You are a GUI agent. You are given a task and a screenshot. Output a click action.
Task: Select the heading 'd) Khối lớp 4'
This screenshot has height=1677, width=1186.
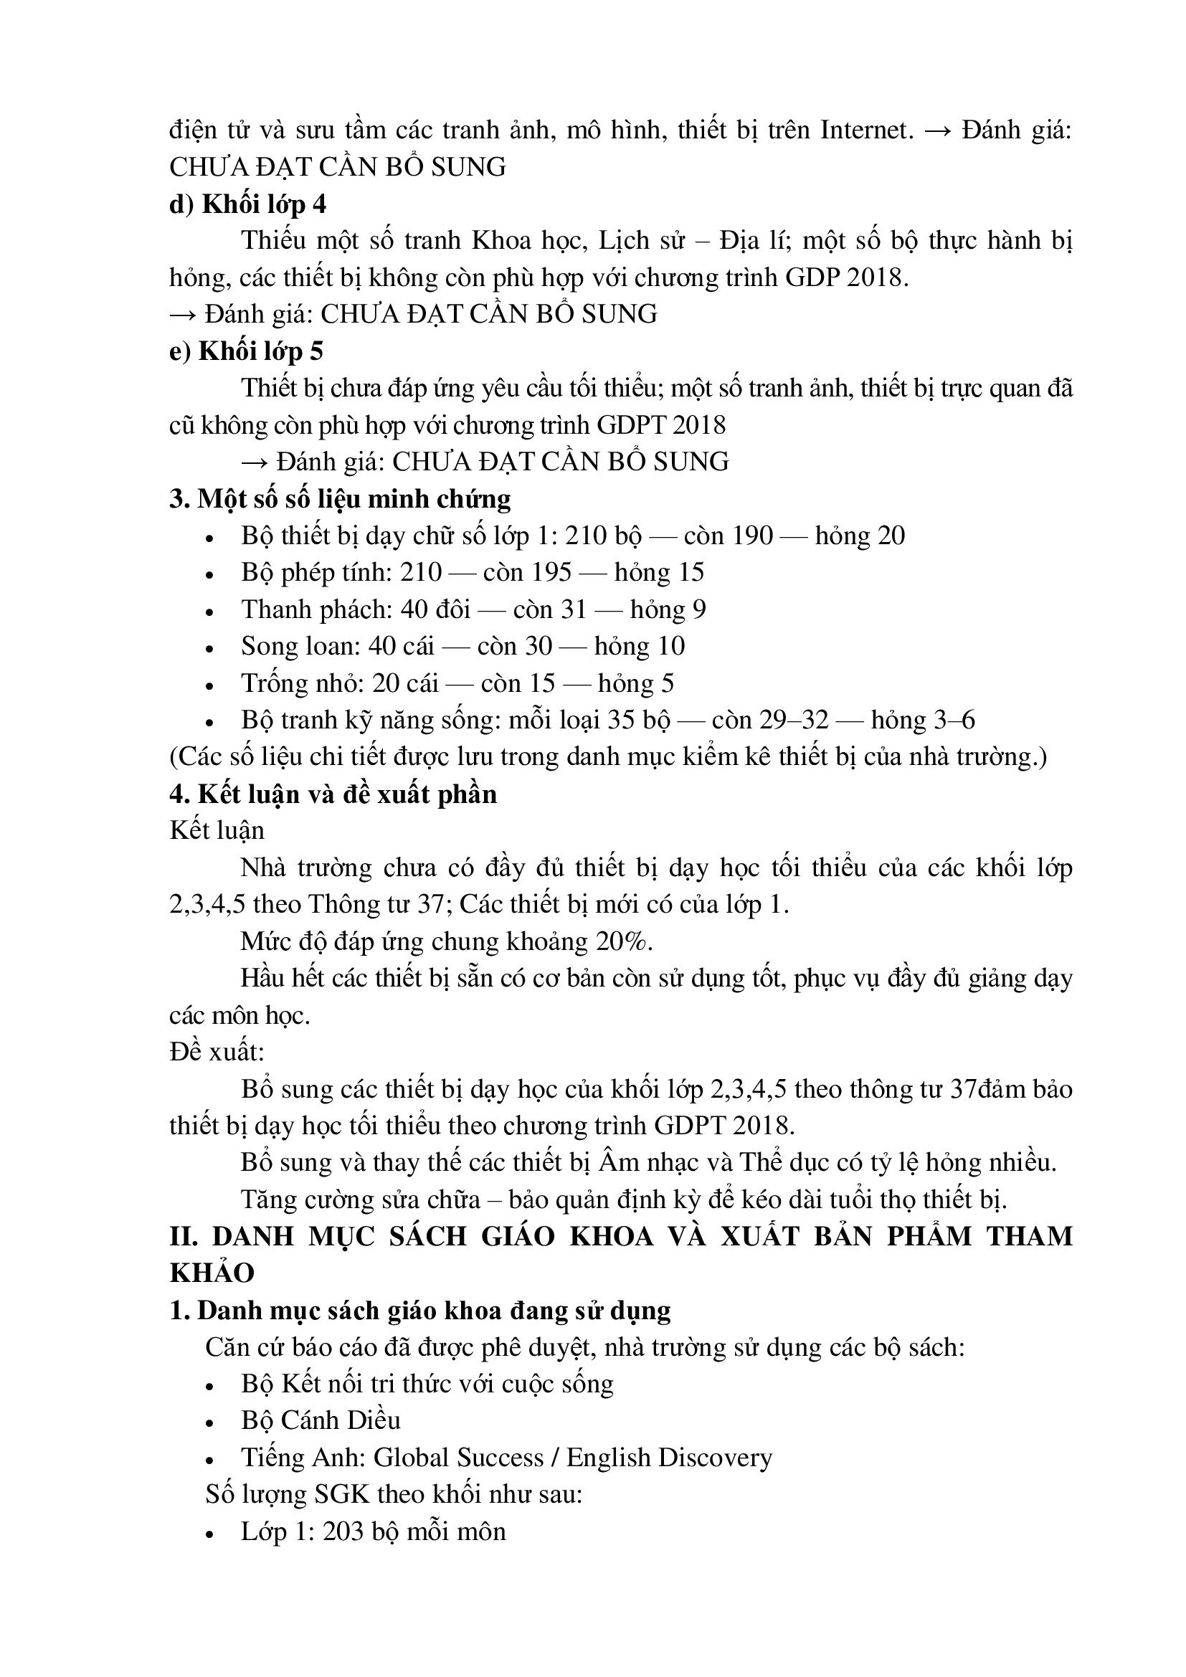point(247,204)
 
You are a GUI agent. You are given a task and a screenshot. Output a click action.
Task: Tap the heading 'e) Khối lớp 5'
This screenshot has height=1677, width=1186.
point(246,351)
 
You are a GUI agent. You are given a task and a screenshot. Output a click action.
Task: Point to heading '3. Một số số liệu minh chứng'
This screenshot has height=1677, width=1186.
point(340,499)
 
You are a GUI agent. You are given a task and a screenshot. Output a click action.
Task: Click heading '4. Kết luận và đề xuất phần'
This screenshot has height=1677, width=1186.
point(333,794)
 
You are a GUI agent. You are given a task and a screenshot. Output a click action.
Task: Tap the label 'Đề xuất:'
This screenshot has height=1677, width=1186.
point(217,1052)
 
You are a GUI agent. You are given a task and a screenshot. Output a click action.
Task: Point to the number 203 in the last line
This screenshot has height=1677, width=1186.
point(343,1531)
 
